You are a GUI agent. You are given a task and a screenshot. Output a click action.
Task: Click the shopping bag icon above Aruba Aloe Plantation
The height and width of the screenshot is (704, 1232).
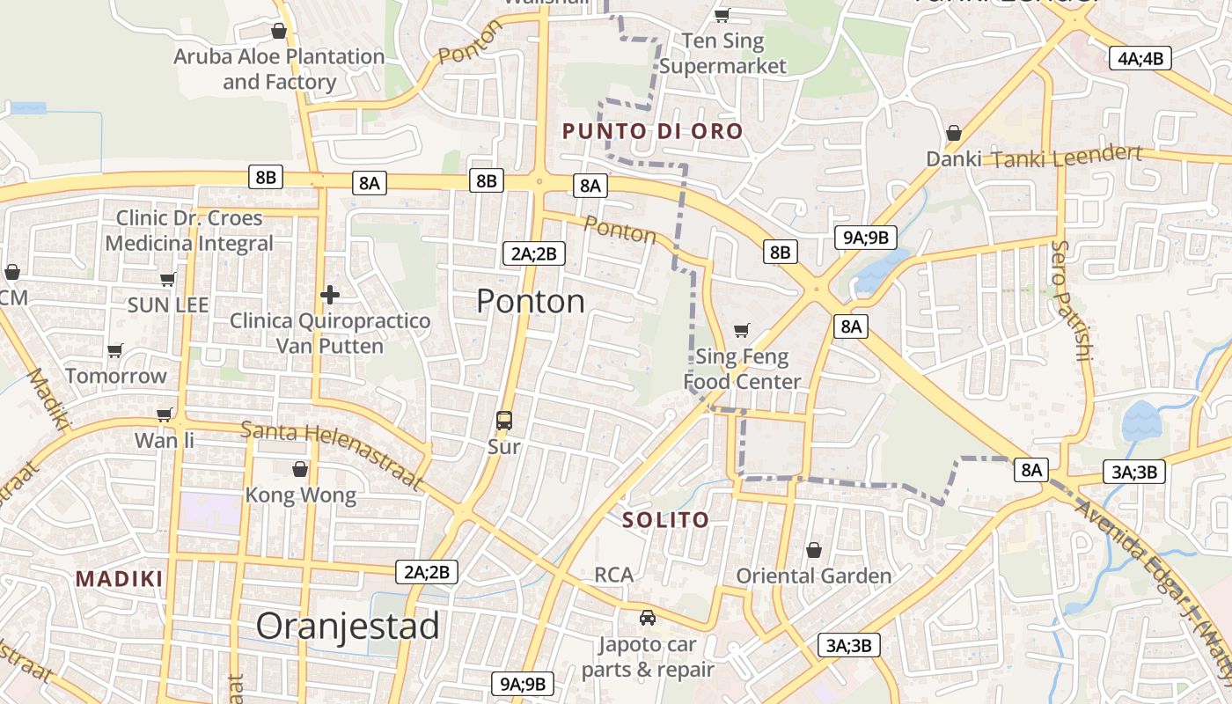pyautogui.click(x=279, y=32)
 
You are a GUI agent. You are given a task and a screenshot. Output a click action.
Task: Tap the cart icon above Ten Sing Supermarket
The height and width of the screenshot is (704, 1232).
pyautogui.click(x=722, y=15)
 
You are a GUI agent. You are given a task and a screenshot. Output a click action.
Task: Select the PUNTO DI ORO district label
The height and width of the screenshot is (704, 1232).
pyautogui.click(x=652, y=132)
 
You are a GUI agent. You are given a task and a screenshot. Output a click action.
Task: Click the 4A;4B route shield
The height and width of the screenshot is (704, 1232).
pyautogui.click(x=1140, y=59)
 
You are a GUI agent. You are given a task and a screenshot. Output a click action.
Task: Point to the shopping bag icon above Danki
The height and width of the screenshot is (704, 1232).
pyautogui.click(x=953, y=134)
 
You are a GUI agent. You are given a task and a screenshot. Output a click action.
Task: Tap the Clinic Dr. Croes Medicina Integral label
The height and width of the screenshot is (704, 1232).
pyautogui.click(x=189, y=231)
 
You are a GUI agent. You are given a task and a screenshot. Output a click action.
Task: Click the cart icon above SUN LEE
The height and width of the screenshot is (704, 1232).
pyautogui.click(x=167, y=280)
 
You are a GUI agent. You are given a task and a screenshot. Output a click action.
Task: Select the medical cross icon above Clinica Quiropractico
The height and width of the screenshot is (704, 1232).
pyautogui.click(x=330, y=295)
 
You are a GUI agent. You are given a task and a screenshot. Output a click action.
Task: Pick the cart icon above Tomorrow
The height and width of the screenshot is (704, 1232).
pyautogui.click(x=114, y=351)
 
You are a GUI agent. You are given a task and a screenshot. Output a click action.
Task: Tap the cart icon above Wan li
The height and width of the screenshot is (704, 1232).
pyautogui.click(x=164, y=414)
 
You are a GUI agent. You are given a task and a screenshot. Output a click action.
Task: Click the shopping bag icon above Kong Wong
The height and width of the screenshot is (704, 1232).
pyautogui.click(x=300, y=469)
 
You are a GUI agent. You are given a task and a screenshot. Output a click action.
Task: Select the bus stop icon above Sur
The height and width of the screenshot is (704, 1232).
pyautogui.click(x=504, y=421)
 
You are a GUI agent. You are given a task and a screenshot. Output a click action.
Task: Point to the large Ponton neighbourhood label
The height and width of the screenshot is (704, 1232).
pyautogui.click(x=531, y=302)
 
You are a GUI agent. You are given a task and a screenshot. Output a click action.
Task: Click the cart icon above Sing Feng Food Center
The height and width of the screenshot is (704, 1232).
pyautogui.click(x=742, y=331)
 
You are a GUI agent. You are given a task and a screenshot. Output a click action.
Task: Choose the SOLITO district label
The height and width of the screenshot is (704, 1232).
pyautogui.click(x=665, y=520)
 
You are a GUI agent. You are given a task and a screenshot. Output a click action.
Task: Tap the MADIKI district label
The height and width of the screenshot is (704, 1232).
pyautogui.click(x=120, y=579)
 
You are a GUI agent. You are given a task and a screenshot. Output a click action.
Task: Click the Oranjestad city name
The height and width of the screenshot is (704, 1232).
pyautogui.click(x=348, y=627)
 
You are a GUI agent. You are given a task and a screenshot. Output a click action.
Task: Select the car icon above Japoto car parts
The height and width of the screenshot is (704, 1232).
pyautogui.click(x=648, y=618)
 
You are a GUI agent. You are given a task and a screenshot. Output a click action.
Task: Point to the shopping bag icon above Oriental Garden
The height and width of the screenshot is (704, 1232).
pyautogui.click(x=814, y=550)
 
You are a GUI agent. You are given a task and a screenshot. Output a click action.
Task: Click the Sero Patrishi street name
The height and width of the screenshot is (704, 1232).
pyautogui.click(x=1071, y=301)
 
